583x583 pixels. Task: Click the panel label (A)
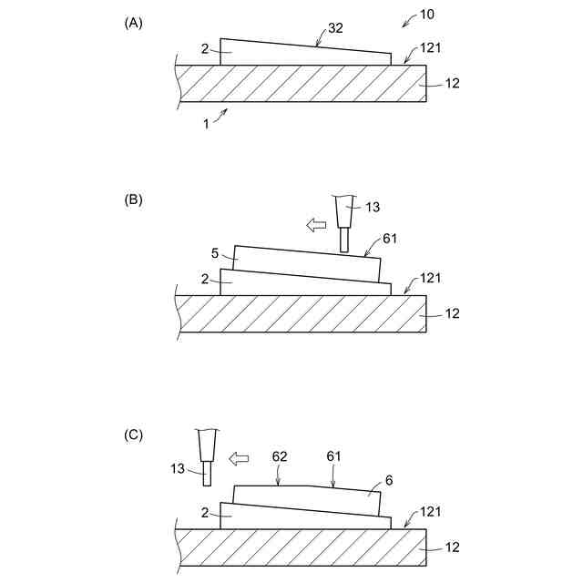coord(134,25)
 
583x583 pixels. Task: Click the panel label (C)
coord(134,435)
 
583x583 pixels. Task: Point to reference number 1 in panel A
coord(206,124)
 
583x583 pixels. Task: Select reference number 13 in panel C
coord(178,468)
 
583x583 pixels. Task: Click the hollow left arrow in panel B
coord(315,224)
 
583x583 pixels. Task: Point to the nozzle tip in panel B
coord(344,241)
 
